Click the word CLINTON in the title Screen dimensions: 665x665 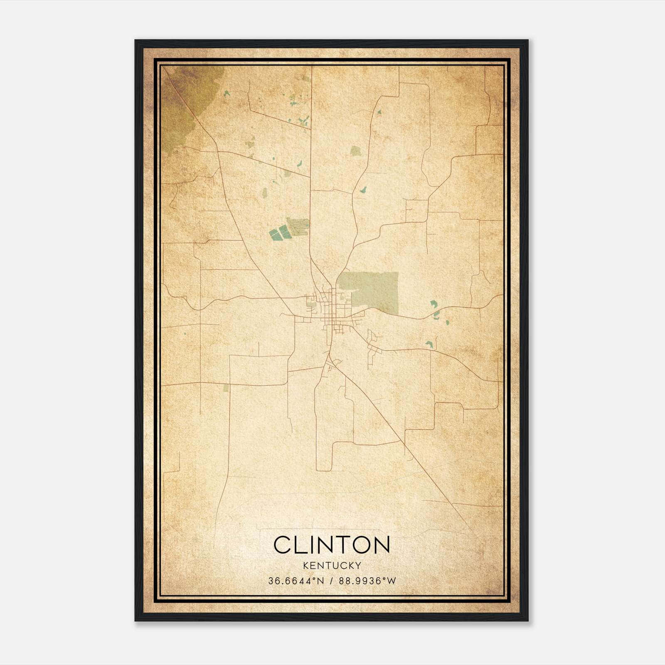(332, 544)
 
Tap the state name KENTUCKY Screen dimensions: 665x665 (332, 565)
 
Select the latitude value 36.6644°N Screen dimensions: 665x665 (295, 581)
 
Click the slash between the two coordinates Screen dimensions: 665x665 (332, 581)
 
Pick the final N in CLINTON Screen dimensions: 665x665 (382, 544)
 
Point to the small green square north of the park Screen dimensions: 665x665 (356, 150)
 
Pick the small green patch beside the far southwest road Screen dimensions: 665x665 (226, 388)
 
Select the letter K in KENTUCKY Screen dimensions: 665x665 (306, 565)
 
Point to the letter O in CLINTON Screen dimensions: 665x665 (360, 544)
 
